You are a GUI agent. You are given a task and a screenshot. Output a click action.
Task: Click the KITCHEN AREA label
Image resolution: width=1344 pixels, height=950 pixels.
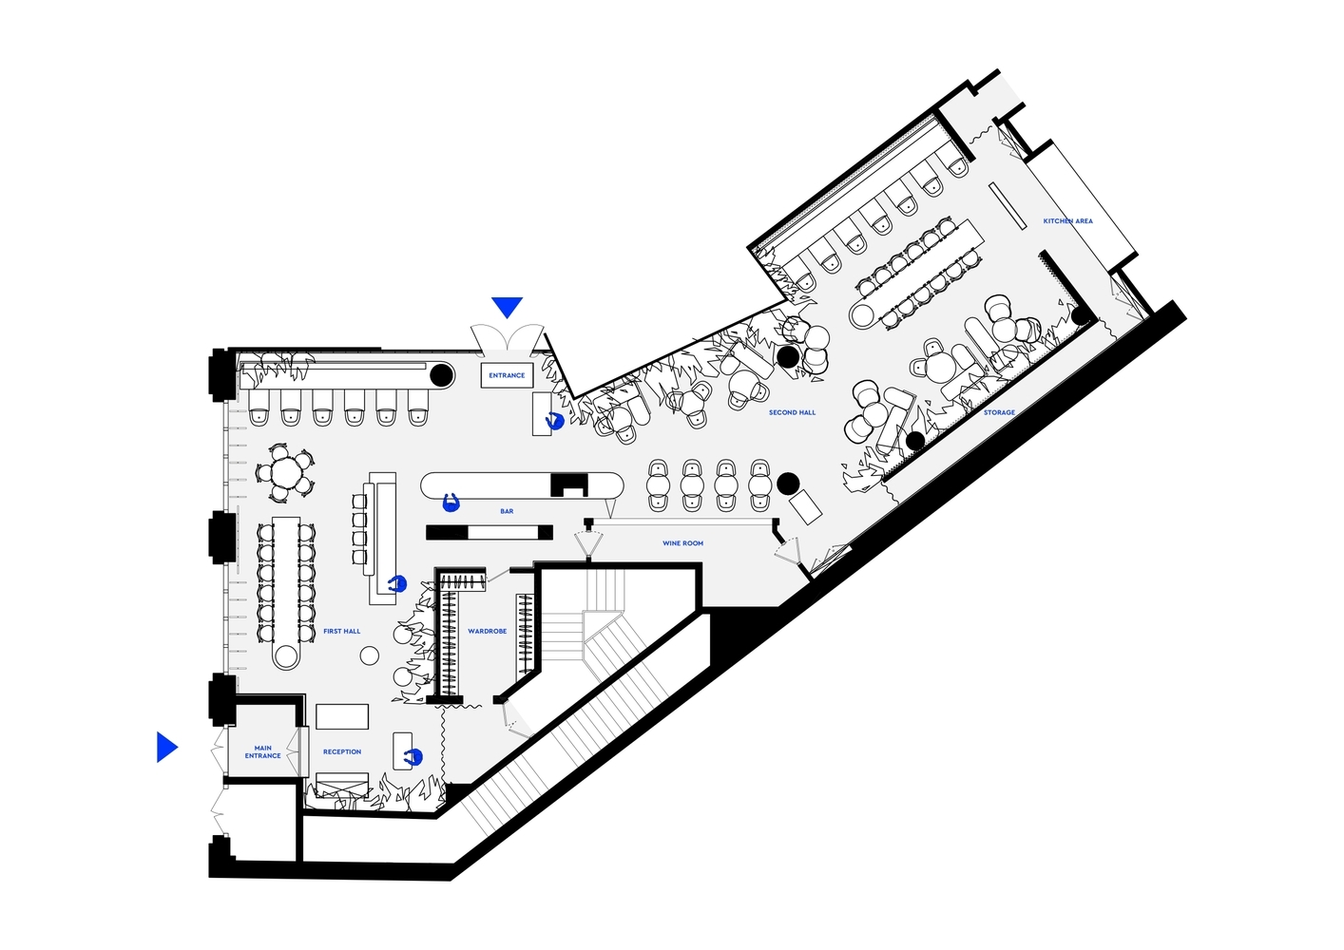point(1067,221)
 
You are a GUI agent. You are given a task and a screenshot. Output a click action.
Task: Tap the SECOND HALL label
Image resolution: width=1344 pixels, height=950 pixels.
point(792,412)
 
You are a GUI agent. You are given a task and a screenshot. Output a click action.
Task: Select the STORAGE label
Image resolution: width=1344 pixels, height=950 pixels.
point(999,412)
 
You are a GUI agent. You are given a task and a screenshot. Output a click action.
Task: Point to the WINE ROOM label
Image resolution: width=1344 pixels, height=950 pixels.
point(682,543)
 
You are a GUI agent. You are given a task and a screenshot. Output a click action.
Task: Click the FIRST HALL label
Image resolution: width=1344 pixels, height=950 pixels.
point(342,631)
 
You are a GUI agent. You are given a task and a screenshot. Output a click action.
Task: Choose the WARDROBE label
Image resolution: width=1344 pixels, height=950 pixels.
point(488,631)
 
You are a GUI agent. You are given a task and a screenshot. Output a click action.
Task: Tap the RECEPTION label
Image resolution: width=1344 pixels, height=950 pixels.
point(342,751)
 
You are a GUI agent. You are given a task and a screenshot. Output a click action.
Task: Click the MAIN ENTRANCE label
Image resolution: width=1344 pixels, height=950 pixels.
point(262,752)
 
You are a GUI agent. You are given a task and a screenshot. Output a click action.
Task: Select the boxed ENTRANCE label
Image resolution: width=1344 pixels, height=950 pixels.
point(507,375)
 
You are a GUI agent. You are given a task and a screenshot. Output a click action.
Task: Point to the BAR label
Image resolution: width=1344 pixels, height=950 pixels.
point(507,511)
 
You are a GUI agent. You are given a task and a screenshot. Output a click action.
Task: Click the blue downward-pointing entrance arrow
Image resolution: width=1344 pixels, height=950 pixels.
point(507,307)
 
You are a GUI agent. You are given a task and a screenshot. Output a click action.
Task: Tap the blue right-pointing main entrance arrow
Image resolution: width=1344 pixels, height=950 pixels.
point(166,747)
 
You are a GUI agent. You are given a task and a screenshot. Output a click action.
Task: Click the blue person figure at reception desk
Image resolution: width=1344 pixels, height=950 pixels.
point(413,758)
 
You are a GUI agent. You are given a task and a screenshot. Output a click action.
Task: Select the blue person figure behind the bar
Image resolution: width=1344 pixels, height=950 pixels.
point(451,503)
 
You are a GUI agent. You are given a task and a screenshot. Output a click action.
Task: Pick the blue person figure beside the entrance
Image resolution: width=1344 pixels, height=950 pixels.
point(555,421)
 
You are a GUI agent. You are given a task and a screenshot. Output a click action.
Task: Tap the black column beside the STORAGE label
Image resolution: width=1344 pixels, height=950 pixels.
point(915,441)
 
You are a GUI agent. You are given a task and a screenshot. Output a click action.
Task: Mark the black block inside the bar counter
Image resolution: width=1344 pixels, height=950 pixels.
point(569,484)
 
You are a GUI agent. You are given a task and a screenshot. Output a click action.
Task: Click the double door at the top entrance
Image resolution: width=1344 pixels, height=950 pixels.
point(508,338)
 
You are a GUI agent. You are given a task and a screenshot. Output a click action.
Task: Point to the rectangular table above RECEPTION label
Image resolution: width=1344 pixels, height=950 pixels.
point(342,716)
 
